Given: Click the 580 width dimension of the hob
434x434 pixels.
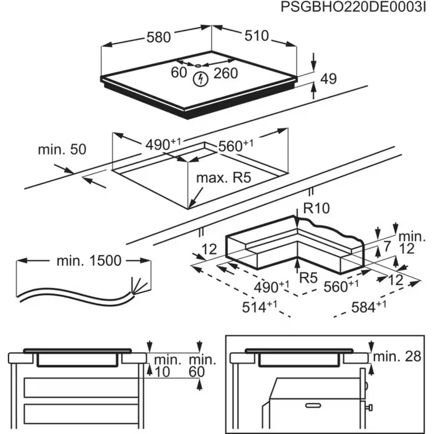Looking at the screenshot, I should pos(158,38).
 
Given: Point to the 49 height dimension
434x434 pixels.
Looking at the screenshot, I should pos(329,79).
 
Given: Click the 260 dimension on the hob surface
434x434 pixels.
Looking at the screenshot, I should pos(225,73).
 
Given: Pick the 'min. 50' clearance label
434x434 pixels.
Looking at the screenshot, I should pos(62,150).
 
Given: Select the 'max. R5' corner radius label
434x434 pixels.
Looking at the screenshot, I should pos(224,178).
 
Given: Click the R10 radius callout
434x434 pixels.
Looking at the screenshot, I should pos(316,209).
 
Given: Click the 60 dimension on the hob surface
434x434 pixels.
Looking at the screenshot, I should pos(179,73).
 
